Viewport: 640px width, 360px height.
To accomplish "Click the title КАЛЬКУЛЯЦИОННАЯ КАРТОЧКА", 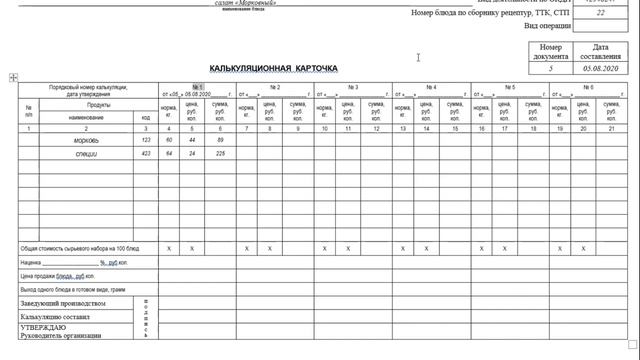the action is (x=274, y=68).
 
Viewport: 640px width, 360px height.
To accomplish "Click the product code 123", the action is (x=146, y=140).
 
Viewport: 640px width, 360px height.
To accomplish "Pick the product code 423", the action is (x=146, y=153).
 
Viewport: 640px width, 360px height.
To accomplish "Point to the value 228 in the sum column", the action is (x=220, y=153).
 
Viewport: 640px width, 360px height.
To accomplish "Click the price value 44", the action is (x=193, y=140).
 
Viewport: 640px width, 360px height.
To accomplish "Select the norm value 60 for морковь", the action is (x=169, y=140).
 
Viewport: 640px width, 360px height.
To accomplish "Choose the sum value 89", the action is (x=220, y=140).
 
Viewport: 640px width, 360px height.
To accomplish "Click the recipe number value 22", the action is (x=601, y=13).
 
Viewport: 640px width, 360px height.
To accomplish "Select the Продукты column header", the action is (x=98, y=105).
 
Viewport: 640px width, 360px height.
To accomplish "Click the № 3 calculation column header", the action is (x=353, y=88).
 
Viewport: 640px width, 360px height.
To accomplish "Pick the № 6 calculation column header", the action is (x=585, y=88).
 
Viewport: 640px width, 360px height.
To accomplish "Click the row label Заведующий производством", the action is (x=62, y=302).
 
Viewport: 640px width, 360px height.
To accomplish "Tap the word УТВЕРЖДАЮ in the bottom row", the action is (x=43, y=327).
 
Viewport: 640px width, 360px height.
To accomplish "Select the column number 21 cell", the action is (x=611, y=128).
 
